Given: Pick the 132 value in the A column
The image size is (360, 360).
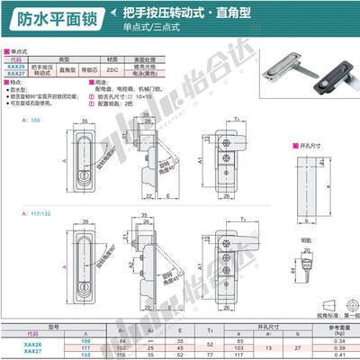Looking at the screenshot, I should [x=86, y=356].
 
